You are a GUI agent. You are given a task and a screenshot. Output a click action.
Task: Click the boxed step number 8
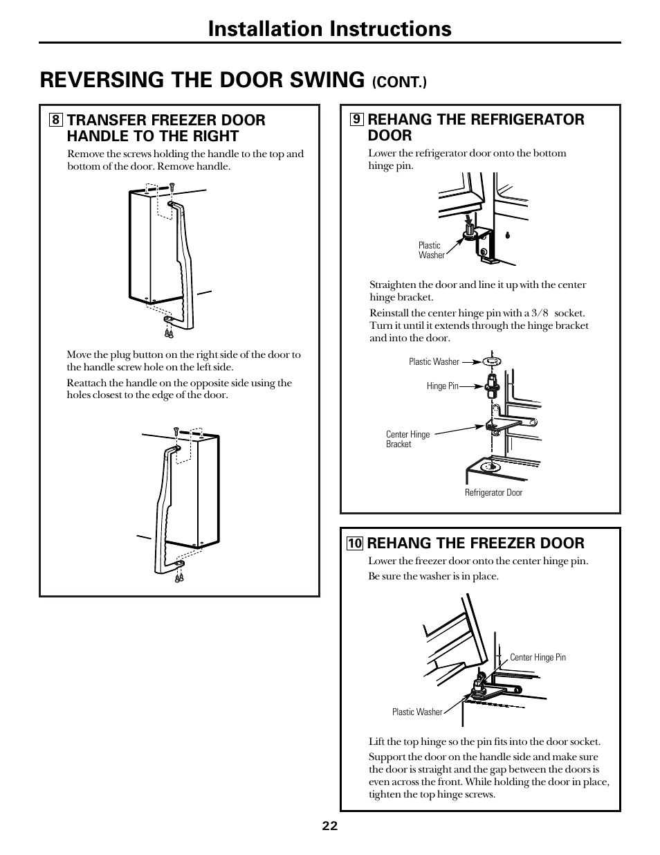[x=55, y=120]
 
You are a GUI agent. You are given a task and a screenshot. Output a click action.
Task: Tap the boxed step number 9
[x=356, y=119]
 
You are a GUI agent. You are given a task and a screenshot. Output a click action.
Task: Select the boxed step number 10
[x=355, y=543]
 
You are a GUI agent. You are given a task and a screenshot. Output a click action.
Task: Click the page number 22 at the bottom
[x=329, y=826]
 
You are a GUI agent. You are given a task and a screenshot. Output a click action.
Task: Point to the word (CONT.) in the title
[x=400, y=82]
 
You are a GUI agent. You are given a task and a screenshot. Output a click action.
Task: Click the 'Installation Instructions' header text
[x=329, y=28]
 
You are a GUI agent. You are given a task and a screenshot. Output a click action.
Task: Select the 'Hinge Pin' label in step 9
[x=442, y=386]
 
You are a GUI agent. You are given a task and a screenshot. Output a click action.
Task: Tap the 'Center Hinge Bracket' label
[x=407, y=440]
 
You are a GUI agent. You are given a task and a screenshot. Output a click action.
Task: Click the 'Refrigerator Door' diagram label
[x=493, y=493]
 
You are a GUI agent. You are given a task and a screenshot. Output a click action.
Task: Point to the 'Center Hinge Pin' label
[x=538, y=658]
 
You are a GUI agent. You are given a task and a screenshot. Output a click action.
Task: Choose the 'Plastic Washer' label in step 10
[x=417, y=712]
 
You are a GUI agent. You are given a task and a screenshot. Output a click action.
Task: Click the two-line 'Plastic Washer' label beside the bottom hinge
[x=431, y=251]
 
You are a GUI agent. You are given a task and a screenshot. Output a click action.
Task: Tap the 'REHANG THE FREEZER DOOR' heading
[x=475, y=543]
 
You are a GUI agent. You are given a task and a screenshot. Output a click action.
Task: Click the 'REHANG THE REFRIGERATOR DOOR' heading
[x=475, y=127]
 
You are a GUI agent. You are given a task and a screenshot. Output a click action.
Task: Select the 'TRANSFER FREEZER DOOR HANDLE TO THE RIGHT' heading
[x=165, y=128]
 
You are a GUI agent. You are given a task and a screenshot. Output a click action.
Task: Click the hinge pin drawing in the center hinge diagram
[x=493, y=383]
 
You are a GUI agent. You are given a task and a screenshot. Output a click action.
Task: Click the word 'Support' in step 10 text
[x=385, y=757]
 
